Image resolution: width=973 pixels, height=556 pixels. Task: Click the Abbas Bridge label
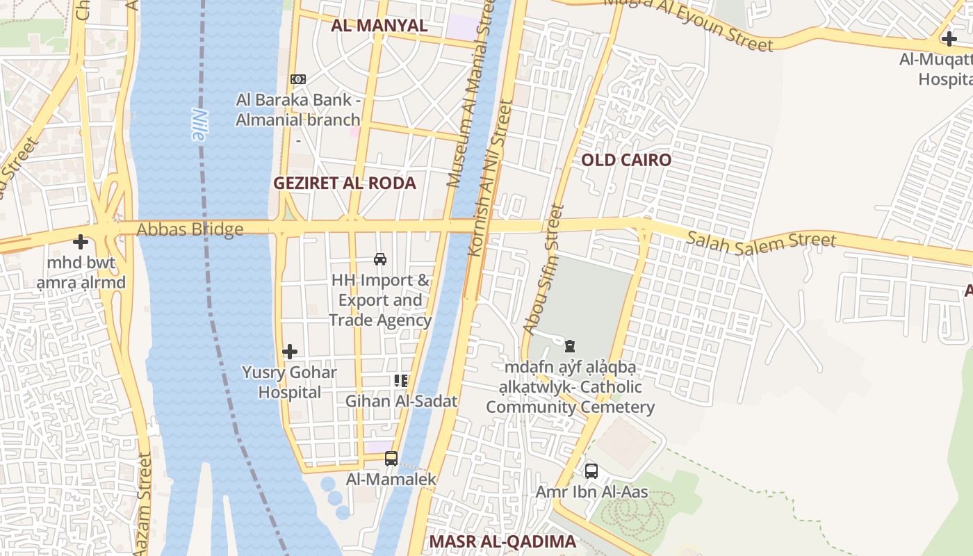tap(190, 229)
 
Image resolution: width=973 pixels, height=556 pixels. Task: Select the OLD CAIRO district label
tap(626, 161)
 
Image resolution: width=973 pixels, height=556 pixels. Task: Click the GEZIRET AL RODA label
tap(345, 183)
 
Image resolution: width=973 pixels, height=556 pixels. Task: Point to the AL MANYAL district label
tap(379, 26)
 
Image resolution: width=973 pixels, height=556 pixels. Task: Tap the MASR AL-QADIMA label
tap(502, 542)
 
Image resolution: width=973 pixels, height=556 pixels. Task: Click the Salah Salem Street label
tap(761, 240)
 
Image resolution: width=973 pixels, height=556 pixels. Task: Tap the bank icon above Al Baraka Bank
tap(298, 79)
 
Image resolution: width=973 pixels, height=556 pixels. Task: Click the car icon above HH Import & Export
tap(380, 259)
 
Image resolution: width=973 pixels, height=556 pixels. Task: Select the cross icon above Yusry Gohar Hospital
tap(290, 352)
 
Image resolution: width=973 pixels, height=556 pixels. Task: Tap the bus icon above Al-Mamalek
tap(391, 459)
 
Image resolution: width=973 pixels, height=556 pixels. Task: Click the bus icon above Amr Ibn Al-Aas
tap(591, 471)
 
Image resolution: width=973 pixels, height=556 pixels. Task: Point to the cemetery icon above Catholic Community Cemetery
tap(570, 345)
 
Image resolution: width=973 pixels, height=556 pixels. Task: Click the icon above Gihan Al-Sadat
tap(401, 380)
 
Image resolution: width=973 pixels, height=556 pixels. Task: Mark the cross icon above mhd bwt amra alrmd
tap(81, 242)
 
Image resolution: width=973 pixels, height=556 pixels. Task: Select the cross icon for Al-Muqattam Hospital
tap(949, 39)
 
